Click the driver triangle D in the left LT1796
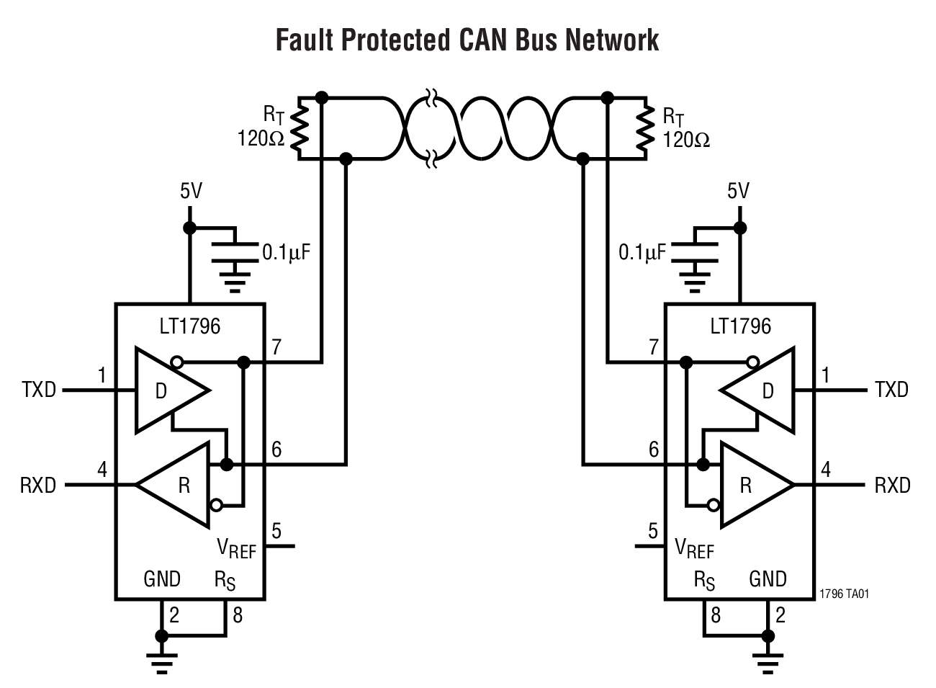(x=168, y=390)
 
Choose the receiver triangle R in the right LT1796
(x=752, y=485)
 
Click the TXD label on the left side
(x=39, y=390)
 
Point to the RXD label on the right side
(x=892, y=485)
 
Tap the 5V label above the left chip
(x=191, y=191)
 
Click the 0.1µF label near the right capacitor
(x=642, y=252)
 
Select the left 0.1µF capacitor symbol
(x=234, y=252)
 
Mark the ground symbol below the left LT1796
(x=162, y=660)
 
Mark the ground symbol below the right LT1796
(x=768, y=660)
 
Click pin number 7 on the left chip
(x=276, y=347)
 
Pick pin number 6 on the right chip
(x=653, y=450)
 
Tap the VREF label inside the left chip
(x=236, y=548)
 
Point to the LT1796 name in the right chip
(x=740, y=326)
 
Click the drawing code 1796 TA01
(x=845, y=594)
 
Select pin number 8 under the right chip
(x=715, y=615)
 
